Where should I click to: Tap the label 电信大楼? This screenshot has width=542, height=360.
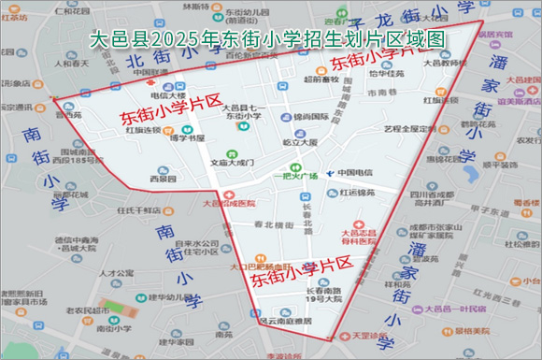coord(168,96)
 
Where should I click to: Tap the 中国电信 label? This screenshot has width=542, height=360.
coord(354,172)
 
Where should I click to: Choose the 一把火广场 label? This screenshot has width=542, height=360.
coord(295,176)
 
